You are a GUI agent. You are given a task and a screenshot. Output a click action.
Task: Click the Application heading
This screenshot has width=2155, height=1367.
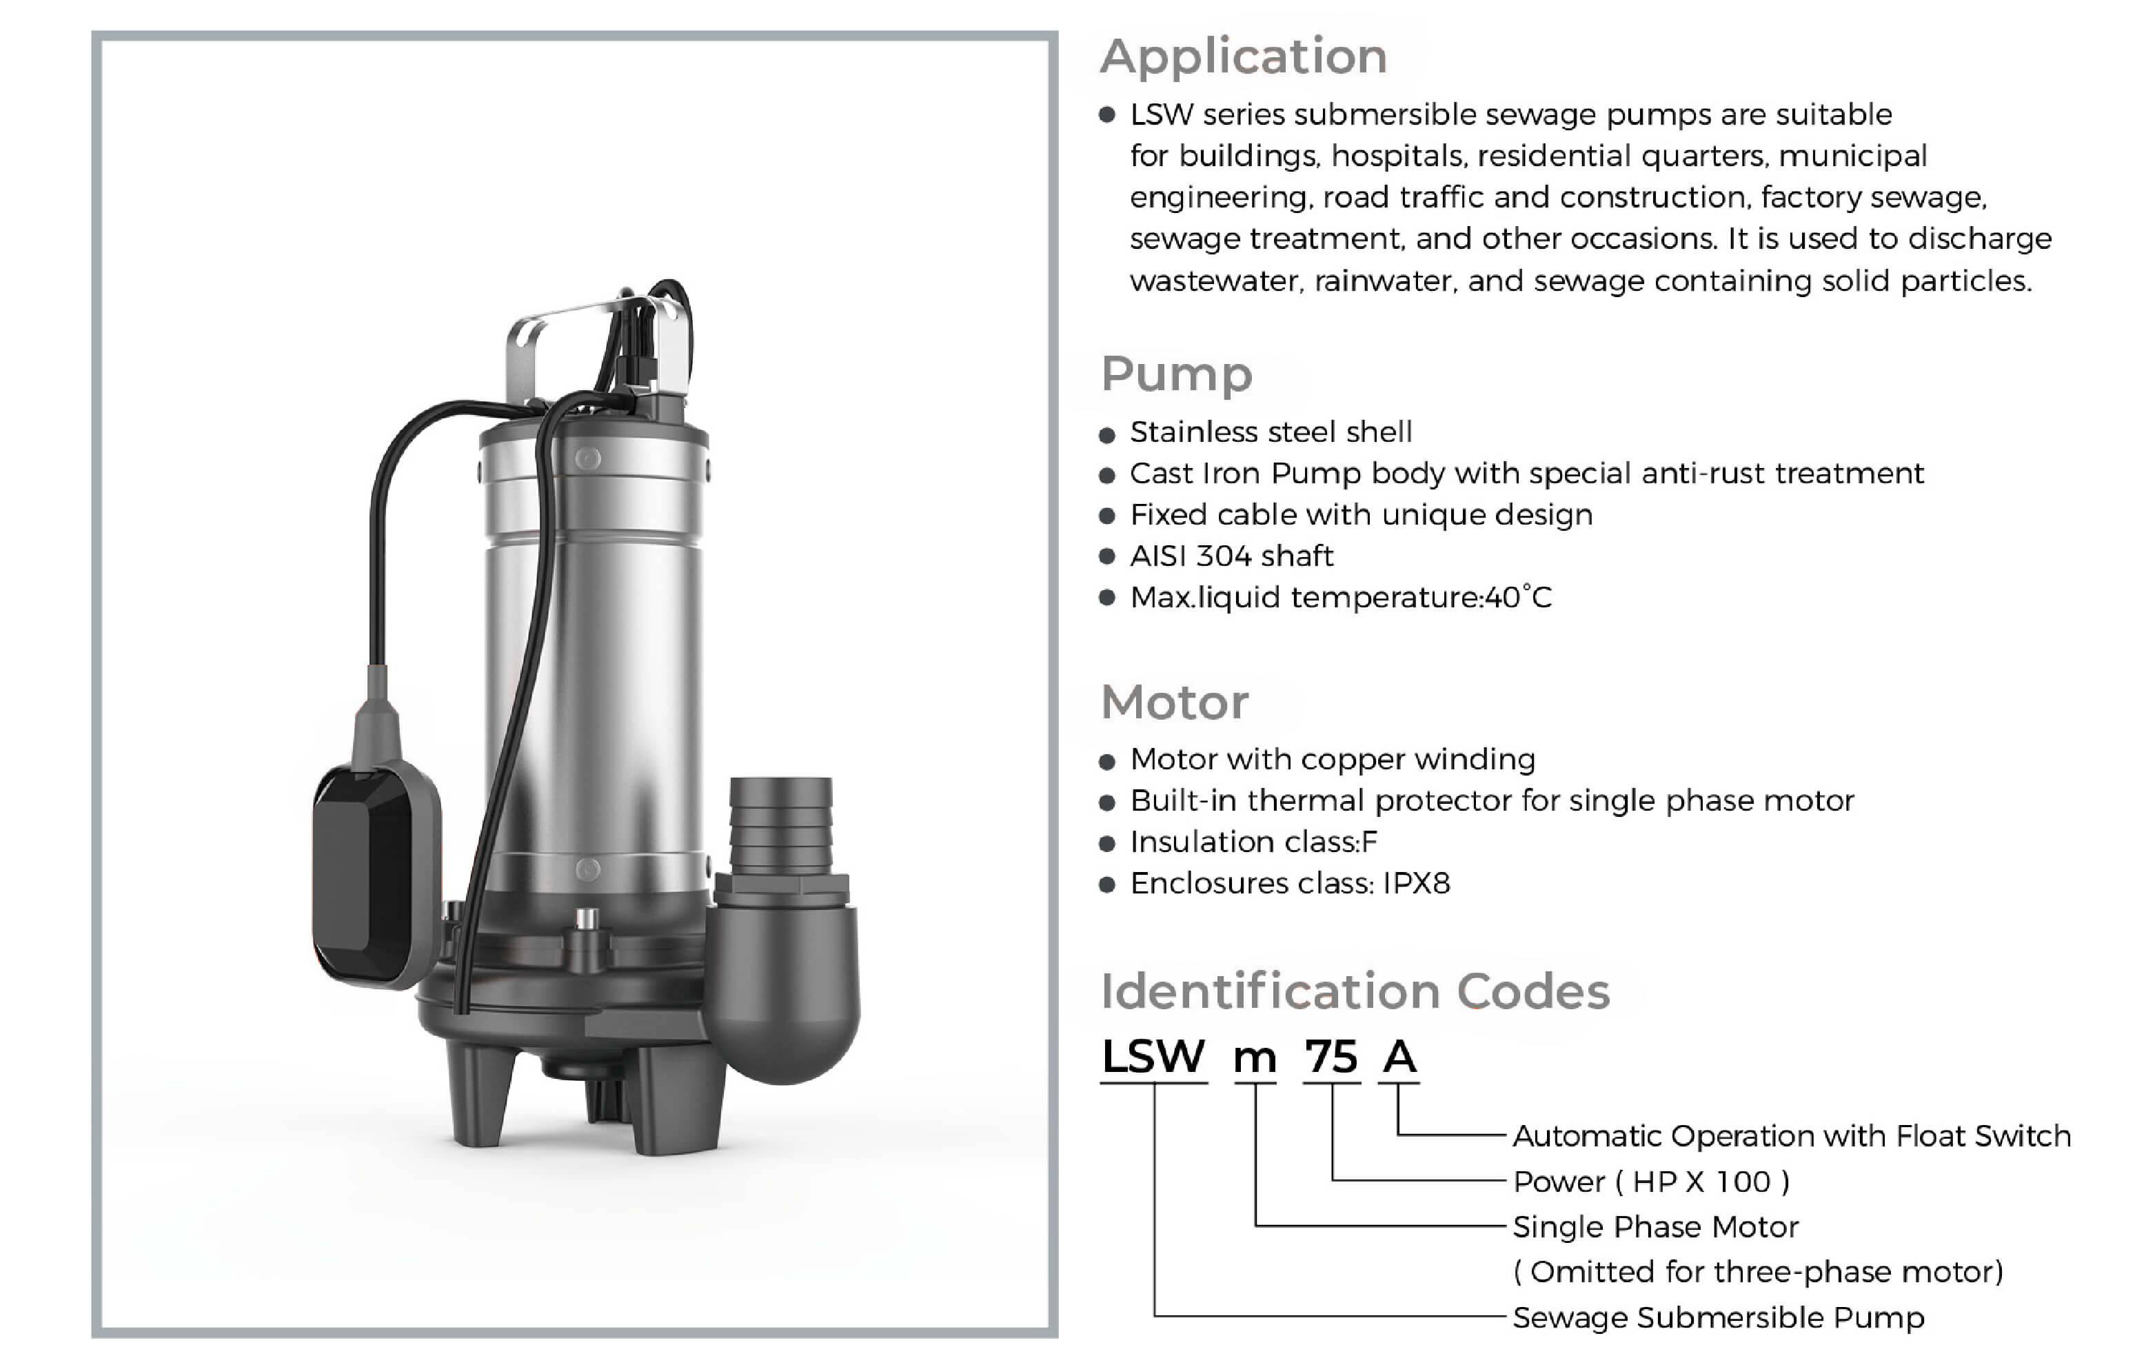pos(1244,58)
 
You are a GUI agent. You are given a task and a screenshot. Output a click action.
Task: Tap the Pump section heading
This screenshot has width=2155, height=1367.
pos(1177,374)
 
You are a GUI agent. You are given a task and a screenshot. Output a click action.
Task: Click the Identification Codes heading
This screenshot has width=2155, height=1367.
pos(1355,991)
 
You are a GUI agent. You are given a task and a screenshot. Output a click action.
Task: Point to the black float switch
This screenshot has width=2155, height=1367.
pos(376,877)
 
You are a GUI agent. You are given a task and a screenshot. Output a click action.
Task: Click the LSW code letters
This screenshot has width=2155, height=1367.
pos(1153,1057)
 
